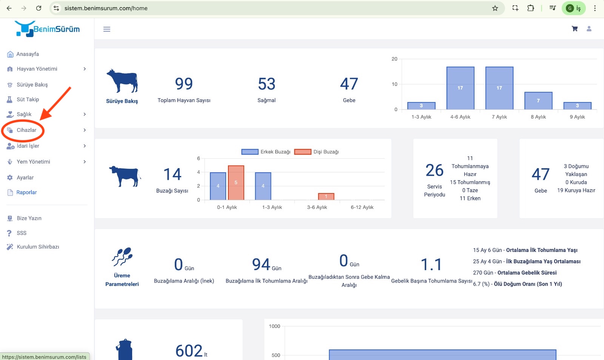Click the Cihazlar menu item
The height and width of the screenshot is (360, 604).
click(x=26, y=130)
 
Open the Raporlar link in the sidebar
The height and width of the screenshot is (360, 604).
click(x=26, y=193)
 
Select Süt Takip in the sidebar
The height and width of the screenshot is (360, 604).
click(x=28, y=100)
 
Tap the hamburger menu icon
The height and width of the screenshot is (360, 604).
click(x=107, y=29)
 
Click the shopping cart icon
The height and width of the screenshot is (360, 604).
click(x=575, y=29)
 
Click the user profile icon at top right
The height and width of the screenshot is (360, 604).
click(x=589, y=29)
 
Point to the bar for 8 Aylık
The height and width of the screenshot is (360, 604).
click(x=538, y=101)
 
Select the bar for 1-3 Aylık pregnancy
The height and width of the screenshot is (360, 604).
click(x=421, y=106)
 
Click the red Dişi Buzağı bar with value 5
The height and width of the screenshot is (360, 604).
click(x=236, y=183)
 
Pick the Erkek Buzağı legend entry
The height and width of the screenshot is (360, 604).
click(x=266, y=152)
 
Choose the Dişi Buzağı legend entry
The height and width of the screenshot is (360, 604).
click(x=317, y=152)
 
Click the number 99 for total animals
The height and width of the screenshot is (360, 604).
click(x=184, y=84)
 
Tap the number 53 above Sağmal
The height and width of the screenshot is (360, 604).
click(x=267, y=84)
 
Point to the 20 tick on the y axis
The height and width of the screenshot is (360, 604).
click(x=394, y=59)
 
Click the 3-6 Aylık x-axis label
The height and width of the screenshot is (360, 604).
click(x=317, y=207)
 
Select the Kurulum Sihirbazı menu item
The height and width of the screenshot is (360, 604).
click(x=38, y=247)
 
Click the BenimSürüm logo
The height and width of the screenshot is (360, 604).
click(x=48, y=29)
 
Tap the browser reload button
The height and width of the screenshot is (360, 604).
click(x=39, y=8)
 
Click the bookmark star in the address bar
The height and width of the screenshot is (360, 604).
click(x=495, y=8)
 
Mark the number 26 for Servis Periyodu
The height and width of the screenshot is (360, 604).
click(x=435, y=171)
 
